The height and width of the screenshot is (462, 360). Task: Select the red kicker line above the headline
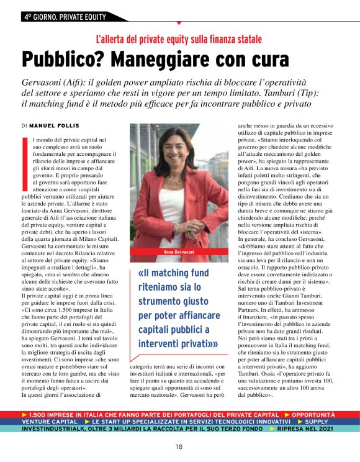click(x=179, y=38)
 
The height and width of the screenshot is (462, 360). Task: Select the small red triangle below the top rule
click(x=179, y=23)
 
